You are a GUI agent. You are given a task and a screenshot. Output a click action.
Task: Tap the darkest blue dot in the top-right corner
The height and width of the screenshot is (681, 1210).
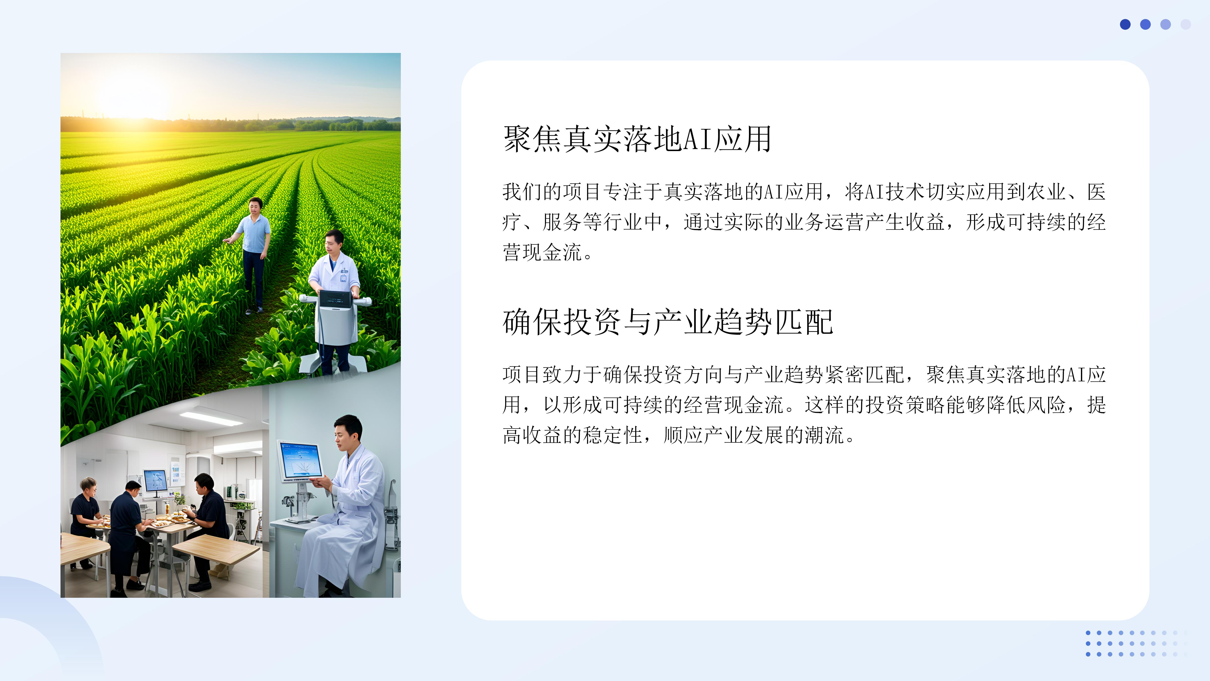tap(1125, 24)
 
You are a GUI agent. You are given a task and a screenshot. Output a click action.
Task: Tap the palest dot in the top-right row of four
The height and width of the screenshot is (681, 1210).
tap(1186, 24)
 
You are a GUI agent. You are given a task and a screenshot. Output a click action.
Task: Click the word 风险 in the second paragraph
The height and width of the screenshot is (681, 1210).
tap(1046, 405)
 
